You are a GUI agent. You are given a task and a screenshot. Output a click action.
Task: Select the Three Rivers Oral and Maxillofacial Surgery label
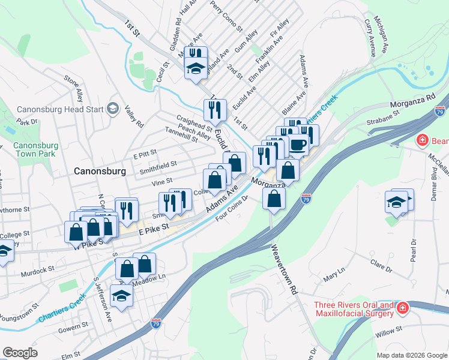click(354, 309)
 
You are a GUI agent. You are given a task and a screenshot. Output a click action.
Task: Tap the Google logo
click(20, 353)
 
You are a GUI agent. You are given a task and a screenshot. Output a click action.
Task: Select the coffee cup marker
click(298, 144)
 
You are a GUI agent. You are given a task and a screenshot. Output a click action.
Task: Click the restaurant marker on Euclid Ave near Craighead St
click(214, 110)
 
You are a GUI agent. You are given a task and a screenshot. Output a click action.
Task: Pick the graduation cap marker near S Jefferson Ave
click(122, 296)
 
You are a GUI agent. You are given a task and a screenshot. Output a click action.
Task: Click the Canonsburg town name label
click(100, 171)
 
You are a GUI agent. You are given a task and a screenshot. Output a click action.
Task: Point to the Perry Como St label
click(226, 16)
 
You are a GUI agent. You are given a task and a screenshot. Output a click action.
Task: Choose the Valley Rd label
click(133, 116)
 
